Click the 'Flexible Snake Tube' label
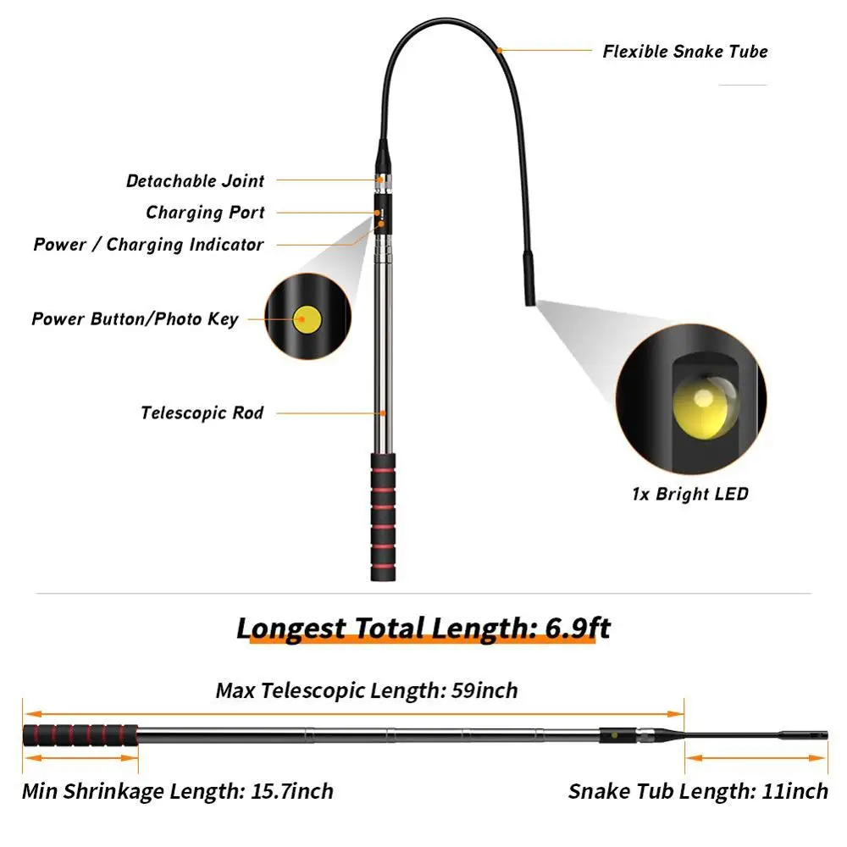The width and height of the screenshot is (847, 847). (684, 52)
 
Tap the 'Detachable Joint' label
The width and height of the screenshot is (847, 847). (195, 180)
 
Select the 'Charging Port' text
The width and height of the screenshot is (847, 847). (205, 213)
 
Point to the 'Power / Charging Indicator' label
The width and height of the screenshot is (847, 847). (148, 245)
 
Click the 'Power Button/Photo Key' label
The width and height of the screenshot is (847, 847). (135, 319)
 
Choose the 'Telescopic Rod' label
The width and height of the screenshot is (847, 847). (202, 413)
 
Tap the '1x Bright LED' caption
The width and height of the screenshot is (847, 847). (690, 494)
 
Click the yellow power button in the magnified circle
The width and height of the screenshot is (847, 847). (307, 319)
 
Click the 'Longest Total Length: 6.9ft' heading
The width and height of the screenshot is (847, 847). (423, 628)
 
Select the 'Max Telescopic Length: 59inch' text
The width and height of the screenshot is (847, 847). (366, 690)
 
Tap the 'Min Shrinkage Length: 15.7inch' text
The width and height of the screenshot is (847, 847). (177, 792)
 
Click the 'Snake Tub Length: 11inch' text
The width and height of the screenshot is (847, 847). (698, 792)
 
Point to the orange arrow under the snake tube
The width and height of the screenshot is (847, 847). (756, 759)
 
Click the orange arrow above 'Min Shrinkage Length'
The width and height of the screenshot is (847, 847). (80, 760)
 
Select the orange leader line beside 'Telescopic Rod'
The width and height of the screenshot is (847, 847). (330, 413)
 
